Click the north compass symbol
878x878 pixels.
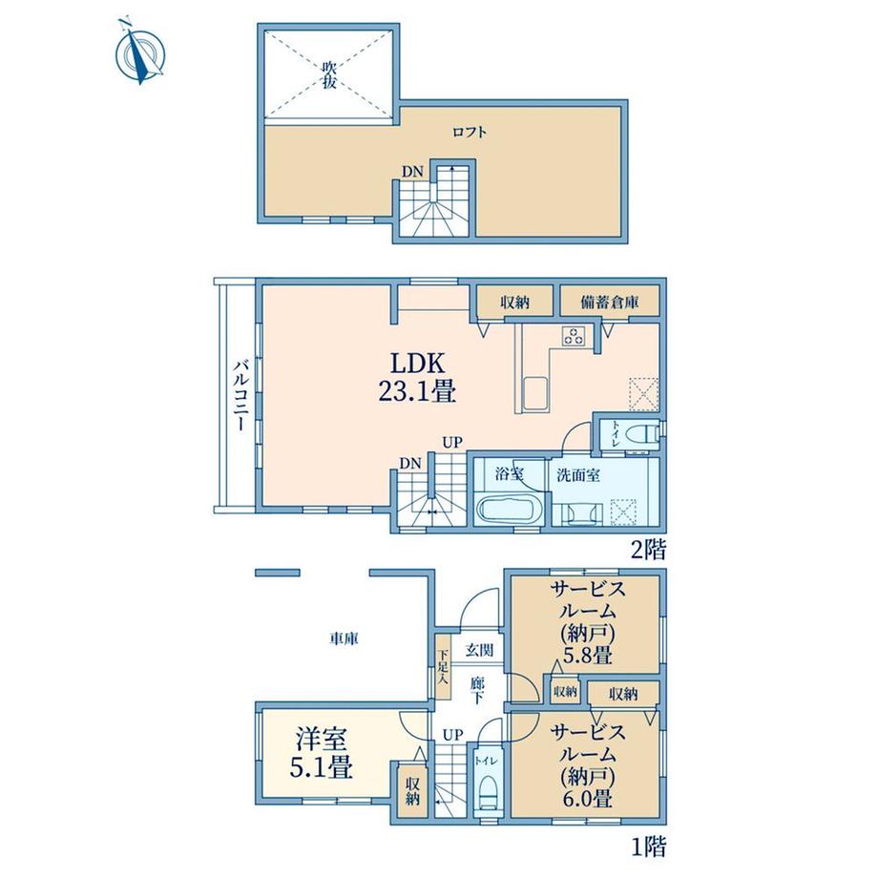(139, 52)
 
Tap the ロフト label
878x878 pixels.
(470, 132)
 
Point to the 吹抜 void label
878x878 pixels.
(328, 75)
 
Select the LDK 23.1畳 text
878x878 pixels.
(417, 377)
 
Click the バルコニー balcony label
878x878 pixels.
(240, 395)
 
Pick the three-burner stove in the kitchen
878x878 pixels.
(574, 335)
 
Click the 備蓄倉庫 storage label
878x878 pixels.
(610, 303)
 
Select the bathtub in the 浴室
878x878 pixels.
(508, 509)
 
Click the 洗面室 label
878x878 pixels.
(578, 475)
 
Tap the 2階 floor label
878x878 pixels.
(648, 550)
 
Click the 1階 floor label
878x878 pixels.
(648, 847)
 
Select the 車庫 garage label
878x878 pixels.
(344, 638)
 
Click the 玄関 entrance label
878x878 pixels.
(480, 650)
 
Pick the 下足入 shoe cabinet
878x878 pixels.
(444, 667)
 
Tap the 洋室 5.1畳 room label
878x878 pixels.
(321, 753)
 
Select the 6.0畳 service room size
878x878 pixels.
(587, 798)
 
